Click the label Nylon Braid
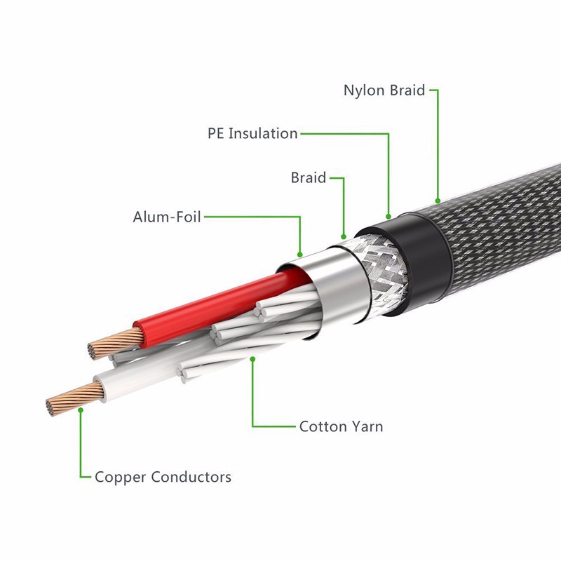[384, 90]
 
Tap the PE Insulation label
[252, 133]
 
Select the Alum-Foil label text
[167, 217]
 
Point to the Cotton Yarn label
[341, 426]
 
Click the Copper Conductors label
[163, 477]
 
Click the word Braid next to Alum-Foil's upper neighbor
[309, 178]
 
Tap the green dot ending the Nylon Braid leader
[437, 201]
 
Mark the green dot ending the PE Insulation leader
[388, 217]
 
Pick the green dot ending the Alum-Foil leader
[300, 255]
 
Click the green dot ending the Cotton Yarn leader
[252, 358]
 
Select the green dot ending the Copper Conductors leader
[81, 410]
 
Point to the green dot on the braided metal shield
[344, 237]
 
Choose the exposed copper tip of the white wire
[74, 398]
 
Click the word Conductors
[191, 477]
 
